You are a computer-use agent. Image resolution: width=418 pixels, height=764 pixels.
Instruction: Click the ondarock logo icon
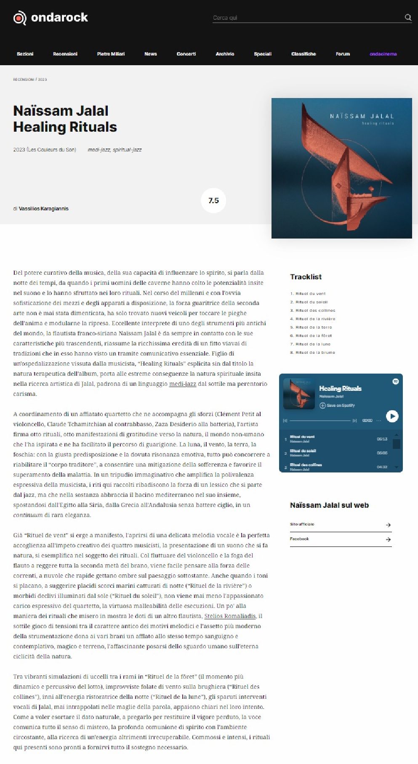[x=19, y=18]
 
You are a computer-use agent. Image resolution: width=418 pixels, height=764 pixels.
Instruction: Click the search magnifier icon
[x=407, y=17]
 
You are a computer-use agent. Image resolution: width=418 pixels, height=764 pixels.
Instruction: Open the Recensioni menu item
[x=65, y=54]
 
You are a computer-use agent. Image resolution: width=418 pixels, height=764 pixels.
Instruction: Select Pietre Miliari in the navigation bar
[x=111, y=54]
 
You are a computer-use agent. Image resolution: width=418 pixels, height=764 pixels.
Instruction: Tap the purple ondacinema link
[x=383, y=54]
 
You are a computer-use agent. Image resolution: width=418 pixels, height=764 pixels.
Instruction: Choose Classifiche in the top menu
[x=304, y=54]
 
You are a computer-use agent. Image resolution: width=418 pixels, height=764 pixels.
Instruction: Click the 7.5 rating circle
[x=213, y=201]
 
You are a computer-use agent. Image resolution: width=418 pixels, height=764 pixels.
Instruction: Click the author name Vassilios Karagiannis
[x=43, y=209]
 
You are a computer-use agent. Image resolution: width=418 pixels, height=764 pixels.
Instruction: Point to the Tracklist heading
[x=306, y=277]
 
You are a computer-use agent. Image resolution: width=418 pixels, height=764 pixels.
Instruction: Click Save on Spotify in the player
[x=337, y=406]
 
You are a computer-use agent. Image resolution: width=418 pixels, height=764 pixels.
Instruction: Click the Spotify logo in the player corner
[x=396, y=381]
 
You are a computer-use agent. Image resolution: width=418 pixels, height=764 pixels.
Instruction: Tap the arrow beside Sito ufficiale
[x=388, y=525]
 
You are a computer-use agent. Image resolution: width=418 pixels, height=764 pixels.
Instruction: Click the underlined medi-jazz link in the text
[x=182, y=384]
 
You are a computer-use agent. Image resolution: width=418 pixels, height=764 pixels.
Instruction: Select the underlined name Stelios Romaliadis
[x=230, y=616]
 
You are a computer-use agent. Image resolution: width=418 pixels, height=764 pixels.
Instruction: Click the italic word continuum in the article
[x=28, y=515]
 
